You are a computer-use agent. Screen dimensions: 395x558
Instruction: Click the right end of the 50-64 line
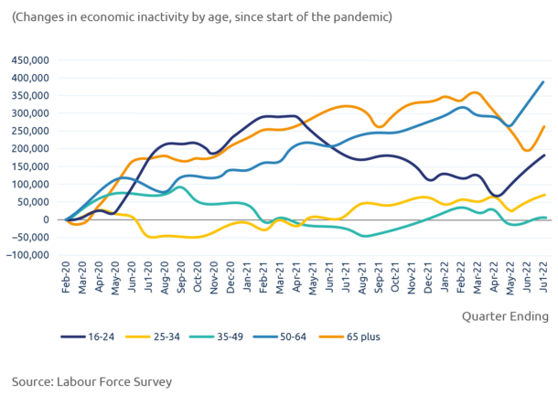[x=545, y=80]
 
